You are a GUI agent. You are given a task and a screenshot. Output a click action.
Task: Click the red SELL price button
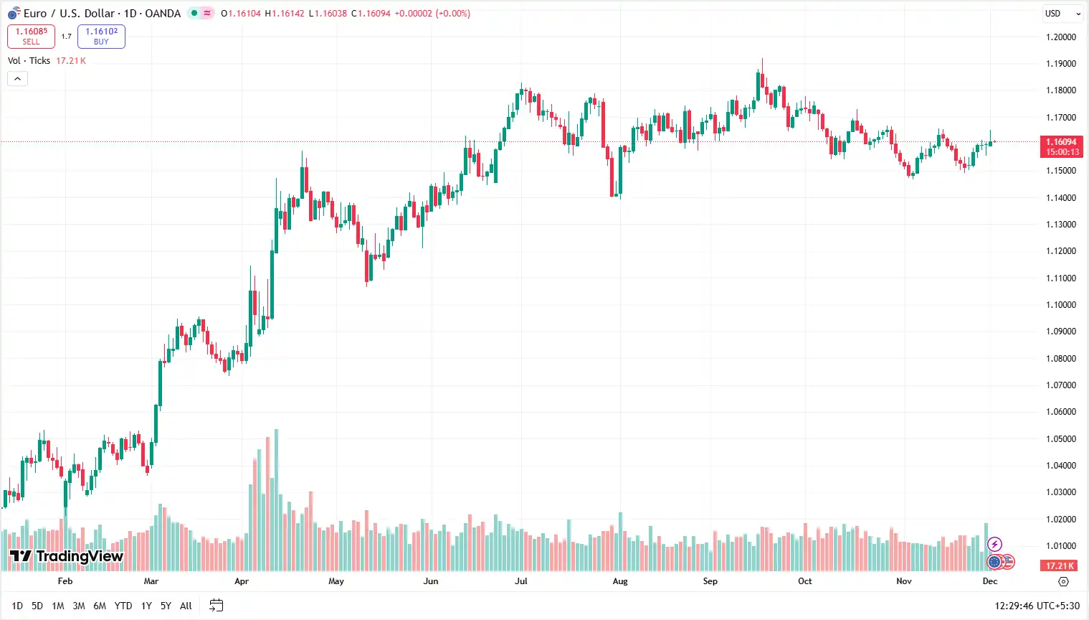click(31, 36)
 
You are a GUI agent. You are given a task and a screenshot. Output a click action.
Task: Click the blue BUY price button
click(101, 36)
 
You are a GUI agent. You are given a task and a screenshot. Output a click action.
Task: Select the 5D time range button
click(37, 606)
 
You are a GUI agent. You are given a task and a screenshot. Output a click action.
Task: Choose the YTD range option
click(123, 606)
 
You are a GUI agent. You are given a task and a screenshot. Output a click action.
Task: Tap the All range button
click(186, 606)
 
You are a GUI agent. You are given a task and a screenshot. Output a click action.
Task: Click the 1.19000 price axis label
click(1060, 63)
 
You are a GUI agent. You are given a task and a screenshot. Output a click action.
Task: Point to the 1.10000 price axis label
click(1060, 304)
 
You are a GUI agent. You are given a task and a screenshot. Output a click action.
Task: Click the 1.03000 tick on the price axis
click(1060, 492)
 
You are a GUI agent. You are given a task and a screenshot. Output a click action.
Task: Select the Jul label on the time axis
click(521, 581)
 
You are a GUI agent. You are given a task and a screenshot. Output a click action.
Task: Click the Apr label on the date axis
click(242, 581)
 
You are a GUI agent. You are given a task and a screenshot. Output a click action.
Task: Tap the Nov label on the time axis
click(904, 581)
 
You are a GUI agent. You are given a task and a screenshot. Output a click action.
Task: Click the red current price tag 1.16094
click(1061, 146)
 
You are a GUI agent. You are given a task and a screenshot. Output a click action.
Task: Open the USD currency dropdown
click(1062, 13)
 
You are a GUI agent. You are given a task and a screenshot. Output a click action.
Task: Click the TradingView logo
click(67, 556)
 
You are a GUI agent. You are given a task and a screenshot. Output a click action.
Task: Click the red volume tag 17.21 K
click(1060, 565)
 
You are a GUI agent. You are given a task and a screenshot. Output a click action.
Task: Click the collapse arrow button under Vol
click(17, 78)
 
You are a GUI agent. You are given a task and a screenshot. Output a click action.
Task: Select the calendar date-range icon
click(216, 606)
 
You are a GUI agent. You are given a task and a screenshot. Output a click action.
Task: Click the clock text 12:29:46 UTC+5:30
click(1037, 606)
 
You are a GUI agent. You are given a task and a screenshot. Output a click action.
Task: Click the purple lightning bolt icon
click(994, 544)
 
